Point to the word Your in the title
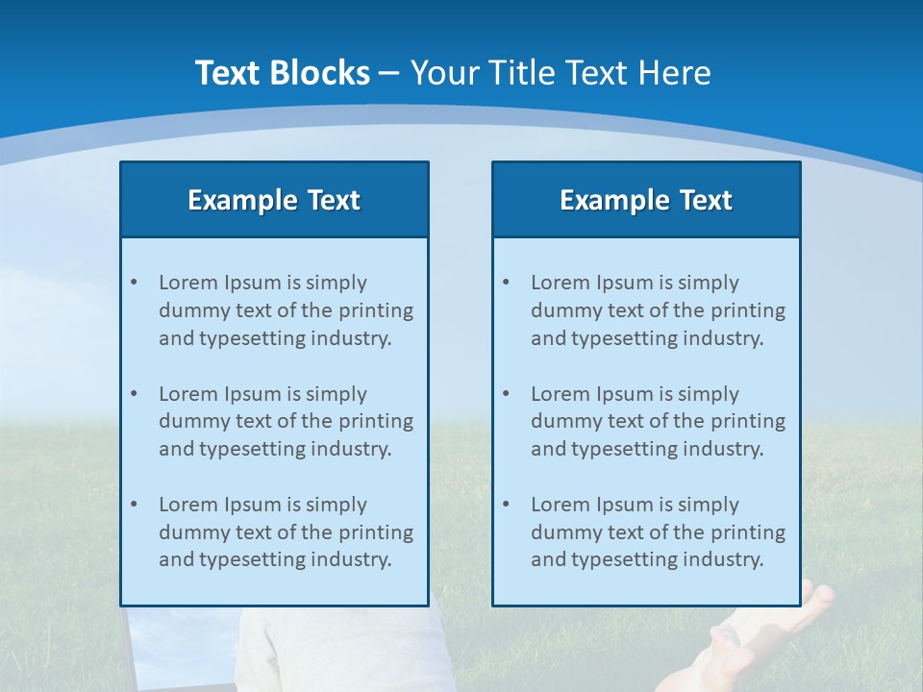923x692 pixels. point(444,73)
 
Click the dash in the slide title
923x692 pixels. point(390,74)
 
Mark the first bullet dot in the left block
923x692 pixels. point(134,283)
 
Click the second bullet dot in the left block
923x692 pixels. point(134,394)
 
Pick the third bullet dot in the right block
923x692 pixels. point(506,505)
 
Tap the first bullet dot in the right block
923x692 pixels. point(506,283)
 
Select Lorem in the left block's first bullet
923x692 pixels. point(188,283)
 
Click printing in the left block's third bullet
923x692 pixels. point(376,532)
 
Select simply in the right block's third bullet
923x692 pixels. point(709,505)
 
